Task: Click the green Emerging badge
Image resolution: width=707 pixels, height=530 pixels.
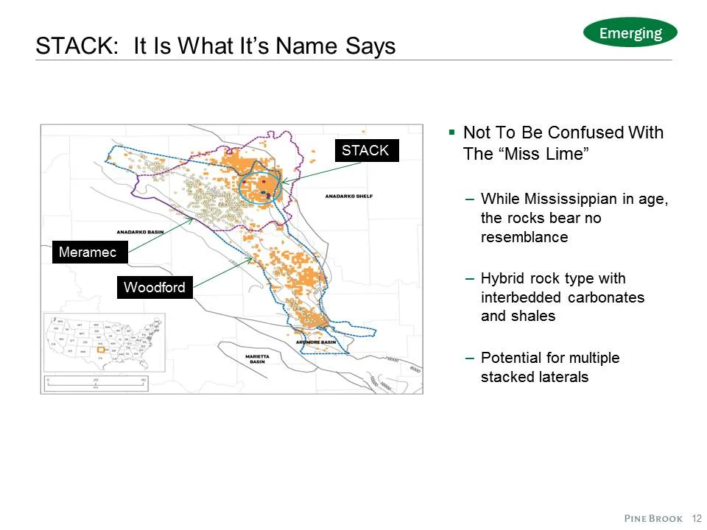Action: pyautogui.click(x=630, y=32)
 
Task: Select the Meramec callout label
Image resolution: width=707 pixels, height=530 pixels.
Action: pyautogui.click(x=88, y=252)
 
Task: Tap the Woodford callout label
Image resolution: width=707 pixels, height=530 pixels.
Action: pyautogui.click(x=155, y=287)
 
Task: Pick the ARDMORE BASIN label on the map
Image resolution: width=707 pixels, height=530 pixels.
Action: pyautogui.click(x=317, y=342)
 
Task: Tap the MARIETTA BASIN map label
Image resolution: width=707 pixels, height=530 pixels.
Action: pyautogui.click(x=258, y=358)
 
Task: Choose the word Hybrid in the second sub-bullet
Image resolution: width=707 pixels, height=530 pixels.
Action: pyautogui.click(x=502, y=278)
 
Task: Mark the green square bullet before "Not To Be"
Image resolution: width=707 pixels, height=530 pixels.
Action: pyautogui.click(x=452, y=132)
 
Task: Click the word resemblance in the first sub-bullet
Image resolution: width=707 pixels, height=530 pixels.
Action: pyautogui.click(x=524, y=237)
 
